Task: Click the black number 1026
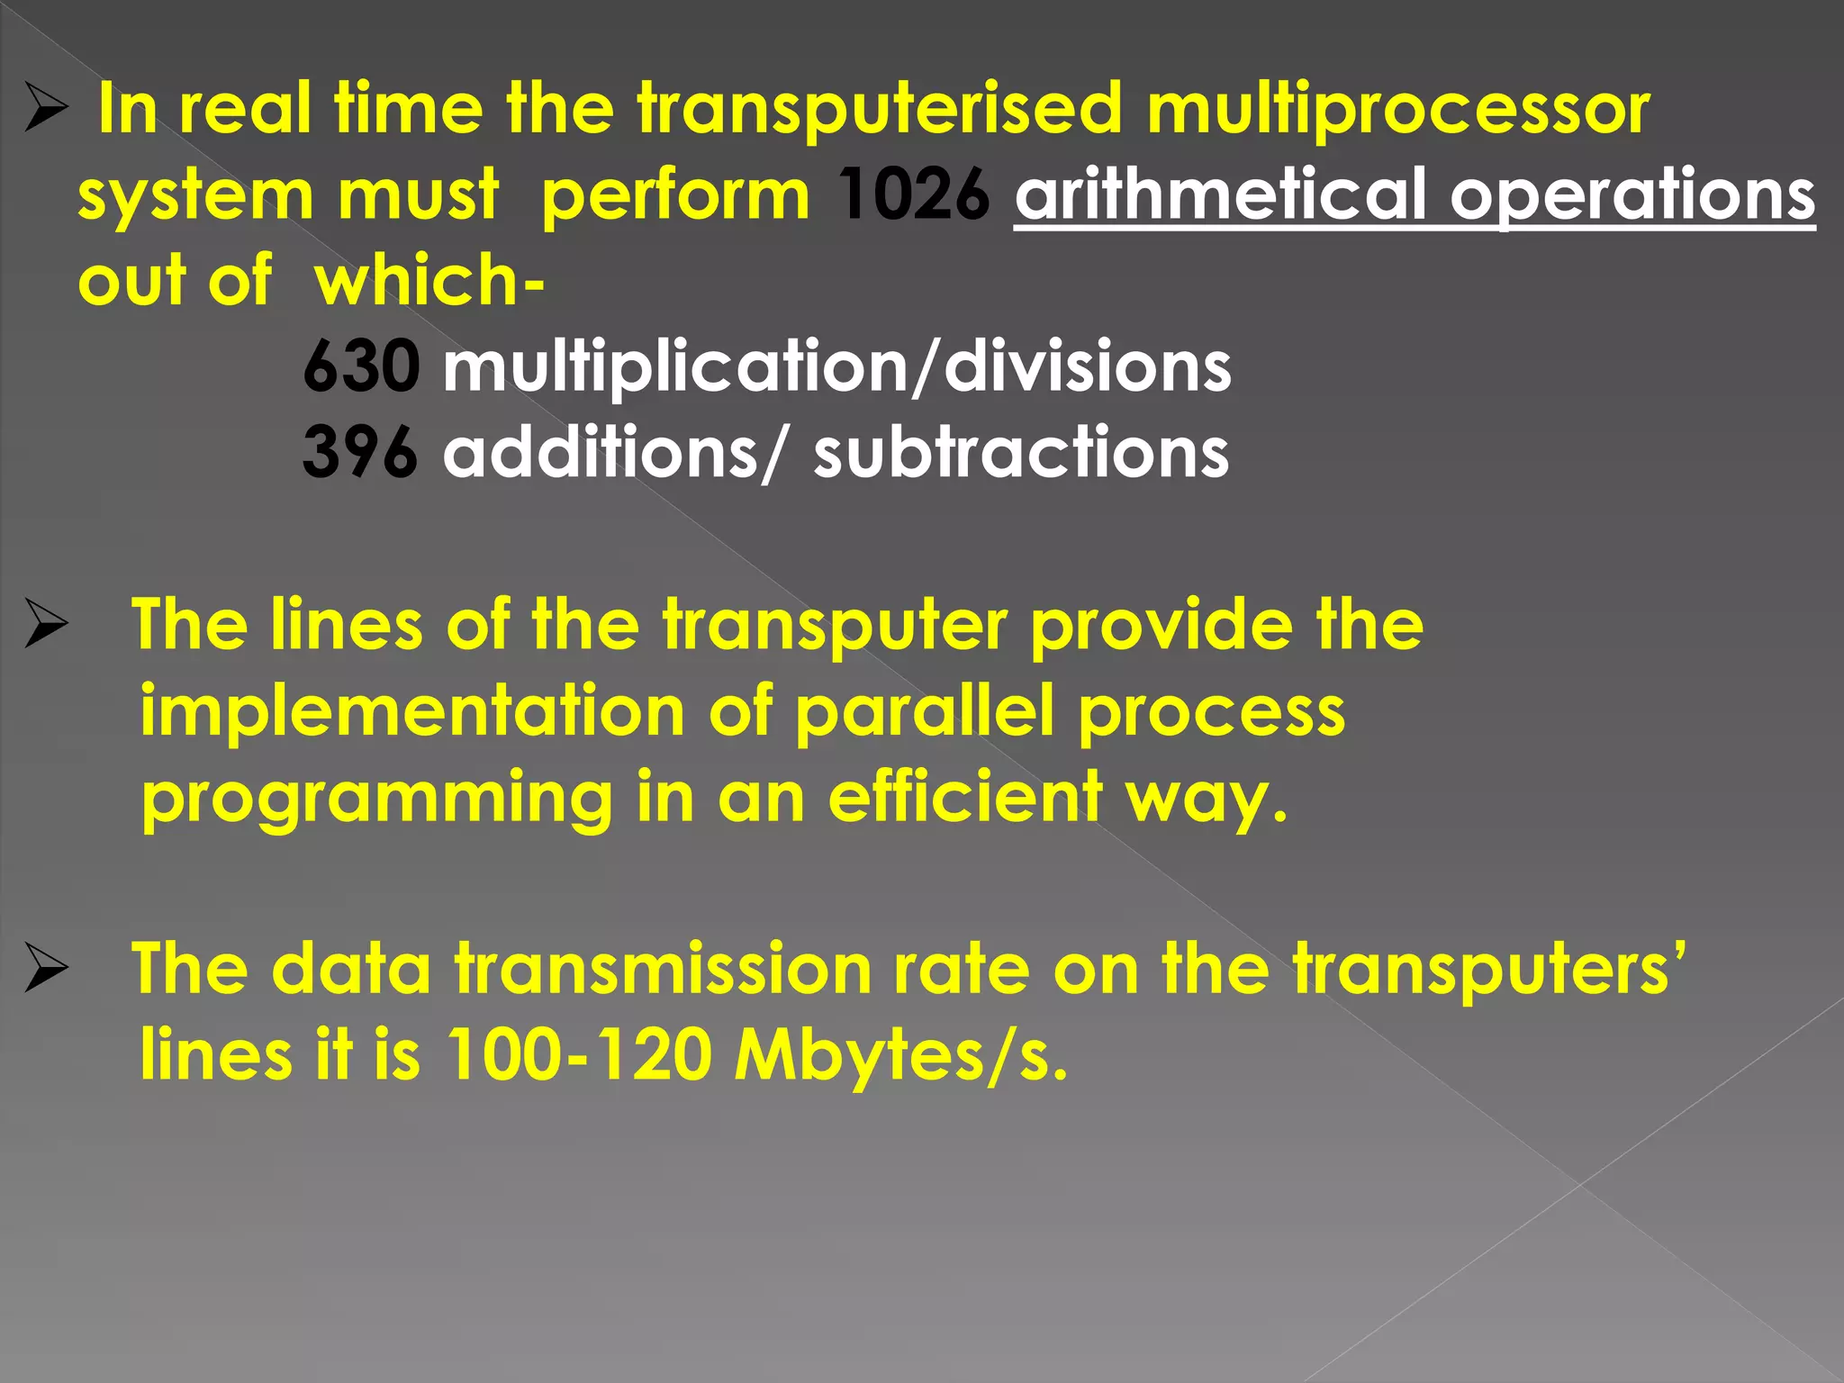click(913, 194)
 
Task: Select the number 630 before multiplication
click(361, 366)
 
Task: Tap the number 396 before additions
click(360, 452)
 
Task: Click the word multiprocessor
click(1398, 110)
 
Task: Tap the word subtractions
click(1021, 452)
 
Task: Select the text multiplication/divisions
click(836, 367)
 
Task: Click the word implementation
click(412, 711)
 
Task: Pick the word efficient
click(965, 796)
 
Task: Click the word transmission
click(663, 970)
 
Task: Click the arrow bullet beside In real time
click(46, 110)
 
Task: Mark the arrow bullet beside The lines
click(46, 625)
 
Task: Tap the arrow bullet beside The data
click(46, 970)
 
